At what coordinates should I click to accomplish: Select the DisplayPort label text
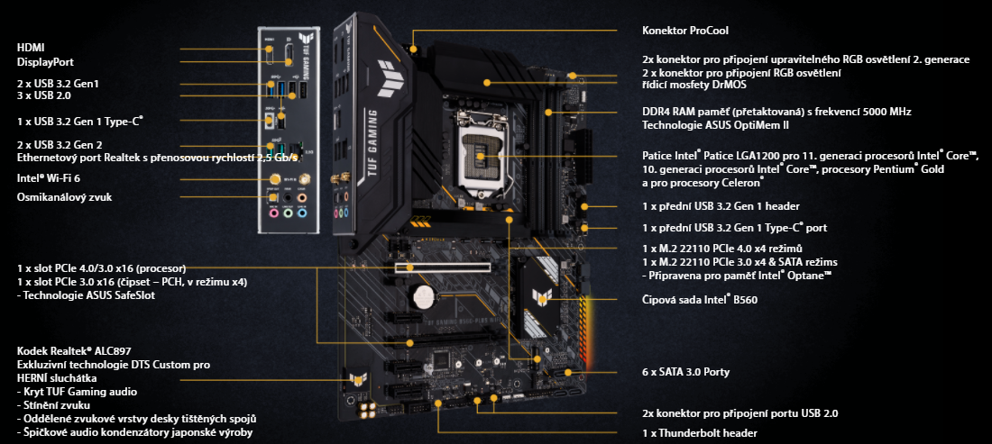coord(44,62)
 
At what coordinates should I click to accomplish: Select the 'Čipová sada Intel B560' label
coord(699,300)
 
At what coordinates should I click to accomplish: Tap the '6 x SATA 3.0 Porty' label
coord(685,371)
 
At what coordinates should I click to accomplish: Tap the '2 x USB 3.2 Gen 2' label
coord(60,144)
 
